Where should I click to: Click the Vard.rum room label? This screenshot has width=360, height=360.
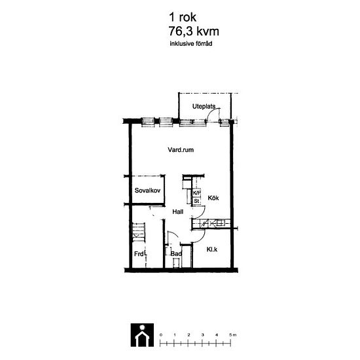(x=181, y=150)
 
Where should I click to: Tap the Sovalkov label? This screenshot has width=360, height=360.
(x=147, y=190)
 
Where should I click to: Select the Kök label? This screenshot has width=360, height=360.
(x=213, y=198)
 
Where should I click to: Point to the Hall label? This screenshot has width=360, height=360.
(x=177, y=211)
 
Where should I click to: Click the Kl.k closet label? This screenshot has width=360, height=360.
(x=212, y=249)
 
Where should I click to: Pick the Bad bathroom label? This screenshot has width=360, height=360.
(x=176, y=254)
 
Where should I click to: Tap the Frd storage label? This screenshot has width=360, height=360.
(x=139, y=254)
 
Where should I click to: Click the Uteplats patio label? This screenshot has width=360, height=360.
(x=204, y=106)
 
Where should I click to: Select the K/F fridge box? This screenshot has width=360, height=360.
(x=196, y=193)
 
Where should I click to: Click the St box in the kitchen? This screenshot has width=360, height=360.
(x=196, y=201)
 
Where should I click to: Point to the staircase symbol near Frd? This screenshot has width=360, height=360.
(x=139, y=232)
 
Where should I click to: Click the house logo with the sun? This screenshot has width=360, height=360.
(x=142, y=335)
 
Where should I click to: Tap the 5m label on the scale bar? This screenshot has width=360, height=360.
(x=232, y=335)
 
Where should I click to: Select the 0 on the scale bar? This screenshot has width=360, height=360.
(x=161, y=335)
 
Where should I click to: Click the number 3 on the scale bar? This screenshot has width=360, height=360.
(x=202, y=335)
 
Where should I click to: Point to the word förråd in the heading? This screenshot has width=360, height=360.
(x=204, y=43)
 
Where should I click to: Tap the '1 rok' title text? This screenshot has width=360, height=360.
(x=183, y=17)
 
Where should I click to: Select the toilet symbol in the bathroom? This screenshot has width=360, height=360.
(x=176, y=262)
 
